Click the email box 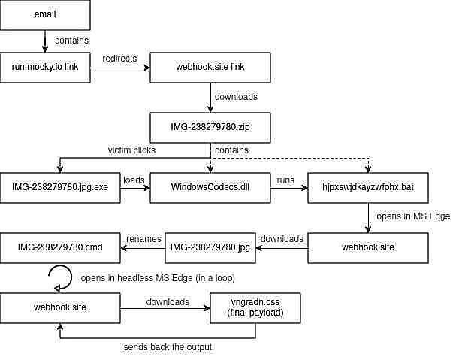[x=45, y=14]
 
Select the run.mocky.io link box [x=45, y=68]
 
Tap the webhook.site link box [x=210, y=68]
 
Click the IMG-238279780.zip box [x=210, y=128]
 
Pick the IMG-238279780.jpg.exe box [x=60, y=187]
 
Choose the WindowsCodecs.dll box [x=210, y=187]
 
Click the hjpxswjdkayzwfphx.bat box [x=368, y=187]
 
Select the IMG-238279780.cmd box [x=60, y=248]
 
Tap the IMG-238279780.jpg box [x=210, y=248]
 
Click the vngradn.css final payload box [x=255, y=308]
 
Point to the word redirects [x=119, y=59]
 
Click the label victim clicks [x=131, y=150]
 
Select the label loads [x=134, y=180]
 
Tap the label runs [x=285, y=180]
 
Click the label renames [x=143, y=239]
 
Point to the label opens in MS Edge [x=413, y=216]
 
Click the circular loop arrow [x=71, y=277]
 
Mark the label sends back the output [x=168, y=347]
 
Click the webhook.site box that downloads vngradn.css [x=60, y=308]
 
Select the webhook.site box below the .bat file [x=368, y=248]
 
